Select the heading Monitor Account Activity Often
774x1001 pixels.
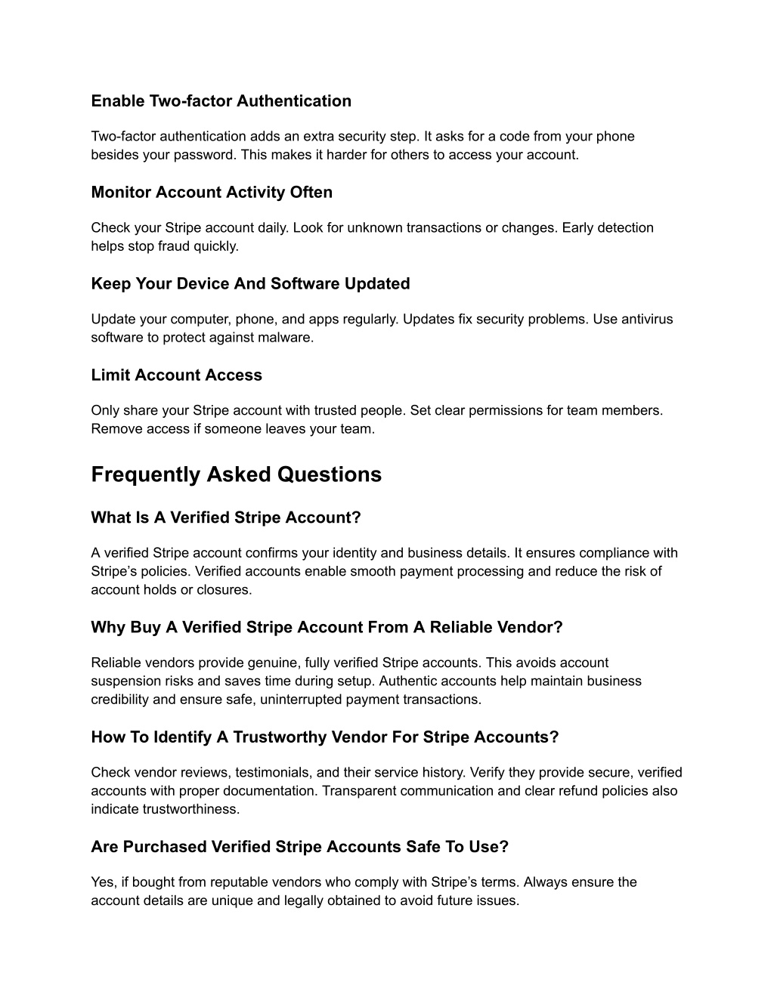212,193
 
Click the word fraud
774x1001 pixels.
163,246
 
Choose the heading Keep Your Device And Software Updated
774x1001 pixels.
250,284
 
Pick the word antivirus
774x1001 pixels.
647,320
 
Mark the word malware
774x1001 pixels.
287,338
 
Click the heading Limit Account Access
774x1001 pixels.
176,375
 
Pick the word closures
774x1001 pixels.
225,590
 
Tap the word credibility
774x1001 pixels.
119,700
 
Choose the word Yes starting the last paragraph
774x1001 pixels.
103,882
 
